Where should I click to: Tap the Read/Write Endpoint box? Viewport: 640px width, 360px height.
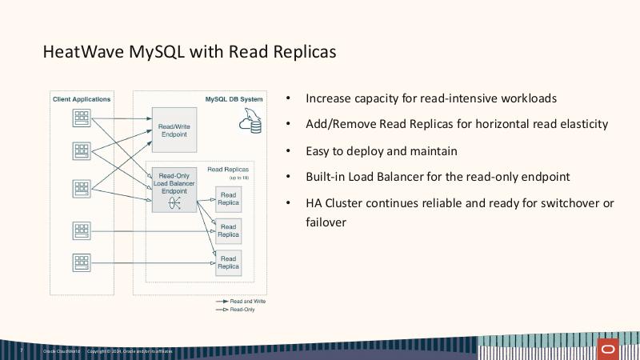pos(174,130)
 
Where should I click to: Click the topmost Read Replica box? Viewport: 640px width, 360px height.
pos(228,198)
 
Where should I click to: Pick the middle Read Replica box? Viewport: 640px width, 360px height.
pos(228,230)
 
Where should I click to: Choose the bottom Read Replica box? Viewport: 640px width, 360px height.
pos(228,262)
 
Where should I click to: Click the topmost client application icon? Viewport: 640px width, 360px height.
pos(82,118)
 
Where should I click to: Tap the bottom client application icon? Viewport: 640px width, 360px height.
pos(82,262)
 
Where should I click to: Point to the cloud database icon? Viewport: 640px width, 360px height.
pos(250,122)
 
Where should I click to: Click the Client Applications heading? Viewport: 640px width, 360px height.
pos(82,99)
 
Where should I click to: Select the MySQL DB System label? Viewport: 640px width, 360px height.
pos(234,99)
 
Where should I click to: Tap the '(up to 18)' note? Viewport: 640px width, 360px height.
pos(238,177)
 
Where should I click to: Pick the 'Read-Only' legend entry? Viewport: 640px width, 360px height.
pos(242,309)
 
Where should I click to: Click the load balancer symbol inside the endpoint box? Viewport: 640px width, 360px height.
pos(174,203)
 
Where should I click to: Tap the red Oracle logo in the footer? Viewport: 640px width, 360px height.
pos(609,350)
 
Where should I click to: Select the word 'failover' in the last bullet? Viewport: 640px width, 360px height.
pos(326,222)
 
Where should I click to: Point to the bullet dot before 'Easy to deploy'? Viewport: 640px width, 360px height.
pos(288,150)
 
